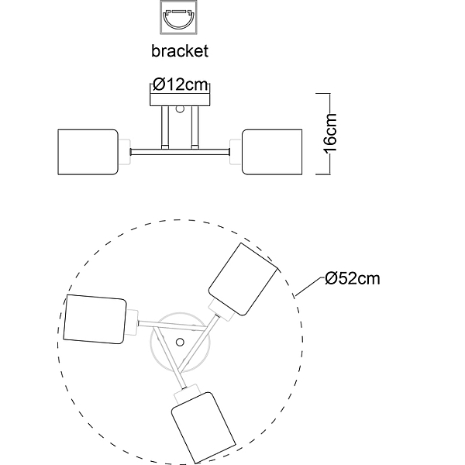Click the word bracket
(180, 50)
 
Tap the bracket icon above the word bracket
(179, 17)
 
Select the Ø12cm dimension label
(181, 84)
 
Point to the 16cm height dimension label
(331, 134)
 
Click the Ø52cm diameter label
(353, 278)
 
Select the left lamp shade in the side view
(88, 152)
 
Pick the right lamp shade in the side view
(272, 152)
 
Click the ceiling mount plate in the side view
(180, 100)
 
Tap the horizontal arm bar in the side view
(180, 152)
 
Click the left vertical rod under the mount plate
(165, 127)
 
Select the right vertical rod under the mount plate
(195, 127)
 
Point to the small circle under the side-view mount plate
(180, 109)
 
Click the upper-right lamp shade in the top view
(243, 279)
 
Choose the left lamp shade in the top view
(95, 319)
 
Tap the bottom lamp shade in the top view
(204, 428)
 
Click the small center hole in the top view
(180, 343)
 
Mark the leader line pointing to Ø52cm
(308, 287)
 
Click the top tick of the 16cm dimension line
(323, 94)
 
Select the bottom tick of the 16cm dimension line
(323, 174)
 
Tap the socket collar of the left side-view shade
(125, 152)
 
